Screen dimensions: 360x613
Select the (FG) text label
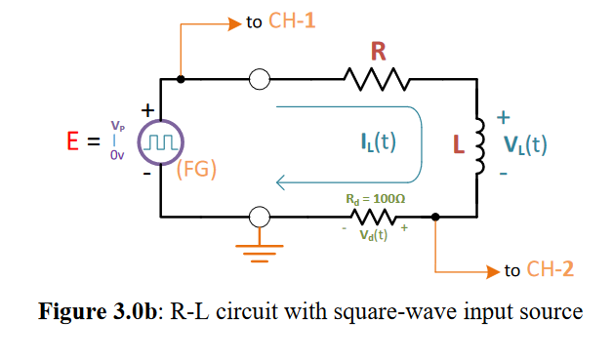[x=196, y=170]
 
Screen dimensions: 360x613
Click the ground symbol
[x=260, y=256]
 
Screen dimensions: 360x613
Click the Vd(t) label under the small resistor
[x=374, y=235]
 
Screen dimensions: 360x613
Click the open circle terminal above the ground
[x=260, y=218]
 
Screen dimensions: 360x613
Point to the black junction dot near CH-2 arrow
[x=435, y=218]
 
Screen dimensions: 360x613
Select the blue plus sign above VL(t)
[x=504, y=117]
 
